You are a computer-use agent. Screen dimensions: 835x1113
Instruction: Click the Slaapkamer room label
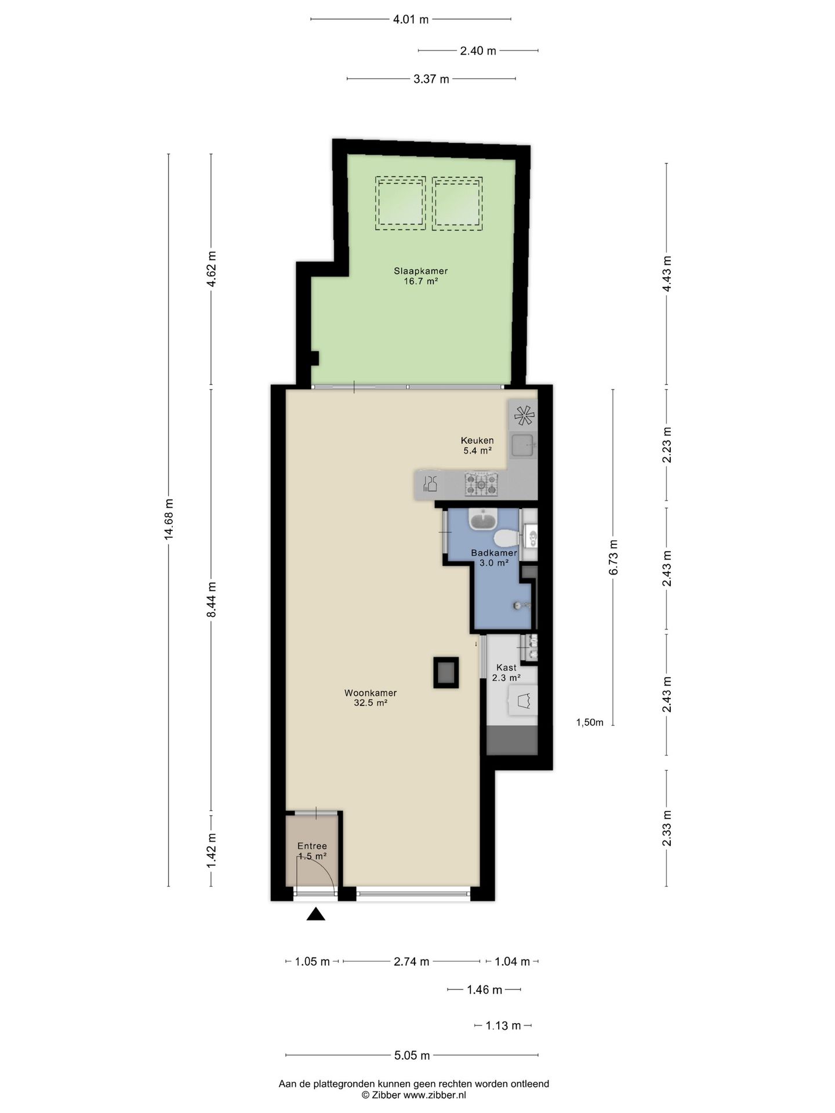click(420, 271)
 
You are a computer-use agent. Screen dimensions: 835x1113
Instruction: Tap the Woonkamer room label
click(371, 693)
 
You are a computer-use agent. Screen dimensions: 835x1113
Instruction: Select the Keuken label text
click(477, 440)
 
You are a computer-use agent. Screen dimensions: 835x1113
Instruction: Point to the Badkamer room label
click(494, 552)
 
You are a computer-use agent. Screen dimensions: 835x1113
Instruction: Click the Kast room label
click(506, 668)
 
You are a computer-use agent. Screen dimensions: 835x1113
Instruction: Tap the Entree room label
click(312, 846)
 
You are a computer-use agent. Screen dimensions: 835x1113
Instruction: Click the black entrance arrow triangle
click(315, 914)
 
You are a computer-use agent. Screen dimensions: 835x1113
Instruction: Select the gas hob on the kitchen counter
click(481, 485)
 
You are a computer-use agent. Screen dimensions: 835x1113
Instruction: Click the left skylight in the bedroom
click(400, 203)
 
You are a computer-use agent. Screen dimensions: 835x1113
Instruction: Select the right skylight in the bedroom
click(457, 203)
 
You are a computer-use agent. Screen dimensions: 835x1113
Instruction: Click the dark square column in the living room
click(446, 672)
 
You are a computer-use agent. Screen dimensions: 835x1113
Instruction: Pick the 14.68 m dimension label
click(169, 519)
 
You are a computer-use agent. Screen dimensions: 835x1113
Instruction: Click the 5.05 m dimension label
click(412, 1055)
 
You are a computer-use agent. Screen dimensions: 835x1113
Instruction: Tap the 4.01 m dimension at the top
click(411, 19)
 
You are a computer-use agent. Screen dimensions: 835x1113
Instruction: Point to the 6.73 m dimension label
click(613, 557)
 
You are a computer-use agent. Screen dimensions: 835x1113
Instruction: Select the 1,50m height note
click(590, 722)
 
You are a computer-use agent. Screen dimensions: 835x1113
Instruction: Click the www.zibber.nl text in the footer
click(435, 1095)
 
